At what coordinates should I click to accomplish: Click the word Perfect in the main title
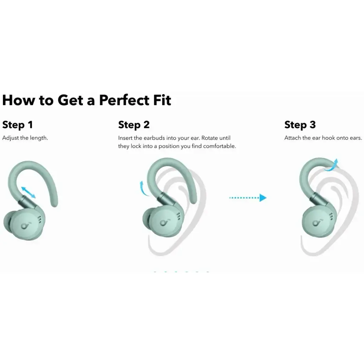124,100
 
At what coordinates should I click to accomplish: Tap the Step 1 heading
17,125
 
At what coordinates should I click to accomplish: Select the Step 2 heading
134,125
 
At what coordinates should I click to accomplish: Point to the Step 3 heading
300,125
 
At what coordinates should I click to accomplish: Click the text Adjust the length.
25,138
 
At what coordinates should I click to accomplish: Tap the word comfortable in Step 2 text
219,146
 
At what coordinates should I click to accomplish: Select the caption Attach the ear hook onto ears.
323,138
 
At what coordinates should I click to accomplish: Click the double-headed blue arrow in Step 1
28,192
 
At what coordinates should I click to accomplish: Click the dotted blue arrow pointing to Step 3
248,198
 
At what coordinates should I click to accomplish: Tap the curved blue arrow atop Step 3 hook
332,166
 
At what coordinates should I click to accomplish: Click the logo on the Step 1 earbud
24,225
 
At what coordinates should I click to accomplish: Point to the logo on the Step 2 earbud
164,223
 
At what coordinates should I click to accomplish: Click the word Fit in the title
162,100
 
